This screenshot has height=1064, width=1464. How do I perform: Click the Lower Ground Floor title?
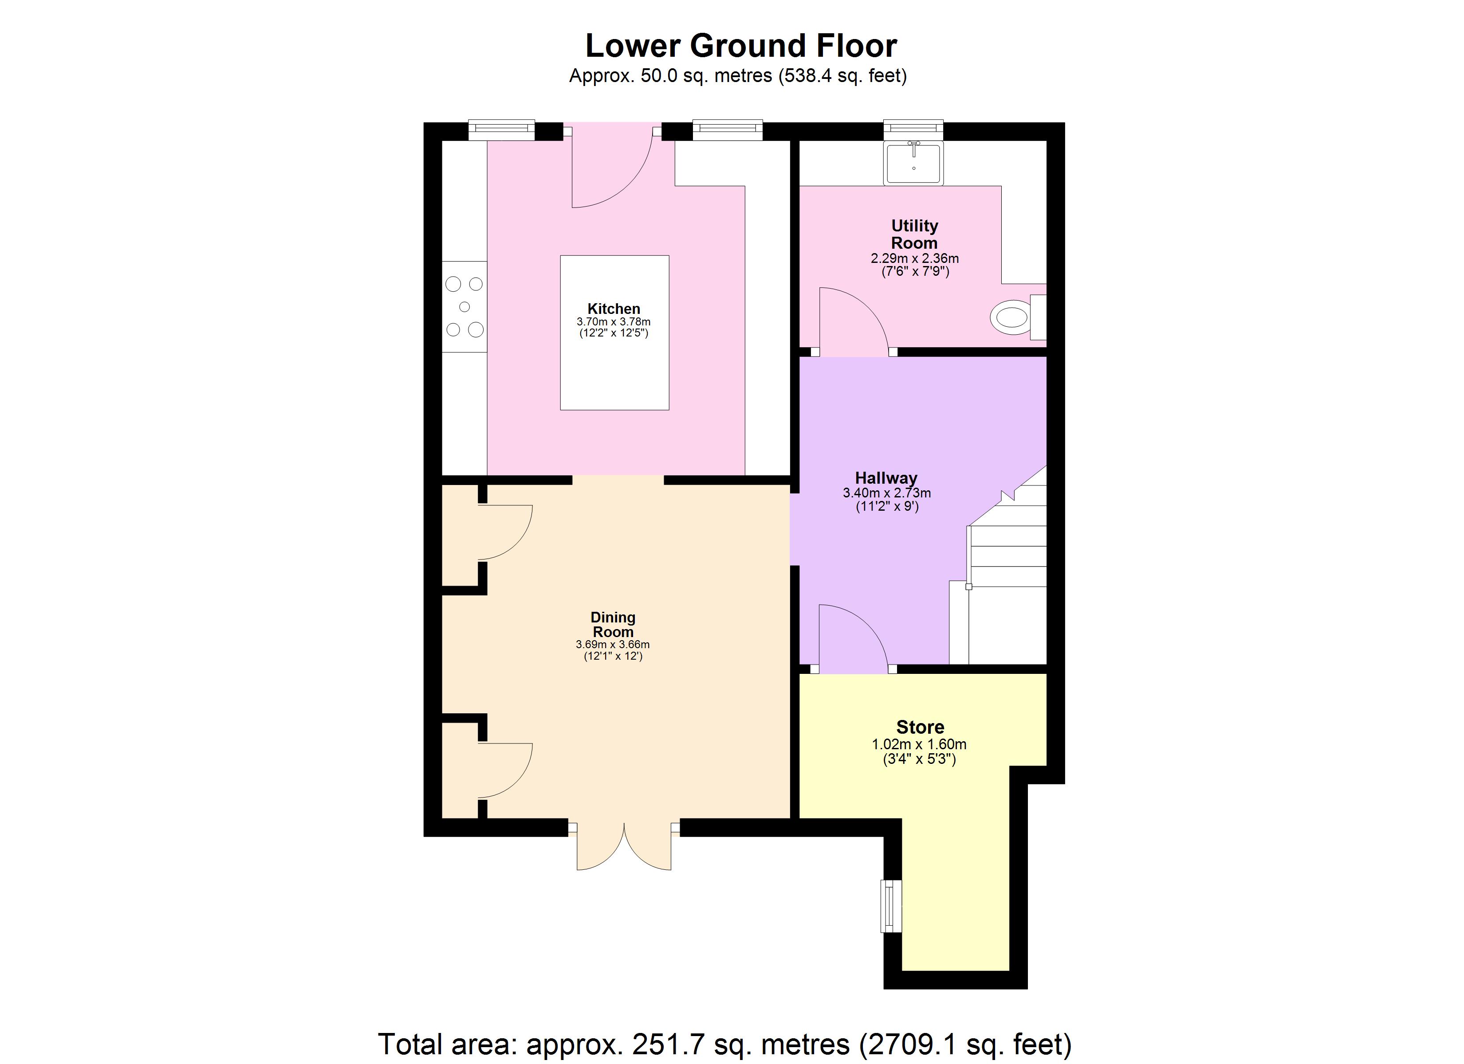click(740, 46)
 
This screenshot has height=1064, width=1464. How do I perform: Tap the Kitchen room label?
click(613, 309)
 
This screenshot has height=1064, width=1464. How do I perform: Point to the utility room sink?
click(913, 163)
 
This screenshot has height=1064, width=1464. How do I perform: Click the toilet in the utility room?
click(1013, 317)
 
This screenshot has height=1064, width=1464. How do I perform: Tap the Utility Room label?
click(914, 234)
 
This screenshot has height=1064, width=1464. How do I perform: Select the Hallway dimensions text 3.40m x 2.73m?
click(886, 493)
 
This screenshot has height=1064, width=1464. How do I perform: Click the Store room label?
click(920, 727)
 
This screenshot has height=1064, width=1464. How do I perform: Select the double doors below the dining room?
click(624, 847)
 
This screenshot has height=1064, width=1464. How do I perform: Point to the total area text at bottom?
click(724, 1043)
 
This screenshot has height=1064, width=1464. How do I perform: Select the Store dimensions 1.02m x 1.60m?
click(919, 744)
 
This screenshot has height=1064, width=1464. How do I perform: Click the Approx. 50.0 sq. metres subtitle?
click(737, 76)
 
